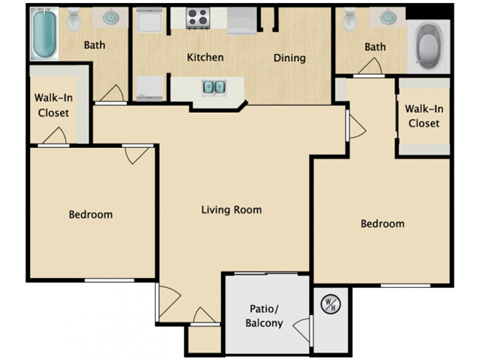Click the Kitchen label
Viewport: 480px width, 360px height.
(206, 57)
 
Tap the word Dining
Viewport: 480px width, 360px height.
(290, 57)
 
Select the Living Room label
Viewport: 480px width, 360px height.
(231, 209)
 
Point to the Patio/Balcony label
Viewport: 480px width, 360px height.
(264, 315)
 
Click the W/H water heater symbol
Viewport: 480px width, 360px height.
(328, 302)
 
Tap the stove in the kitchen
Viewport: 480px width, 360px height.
(196, 17)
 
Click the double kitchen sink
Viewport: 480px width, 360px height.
(215, 87)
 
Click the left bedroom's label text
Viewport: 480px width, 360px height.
(90, 214)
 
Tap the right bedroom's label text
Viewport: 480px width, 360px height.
(382, 223)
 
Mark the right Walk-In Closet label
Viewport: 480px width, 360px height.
(424, 116)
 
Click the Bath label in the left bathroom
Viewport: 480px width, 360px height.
(95, 45)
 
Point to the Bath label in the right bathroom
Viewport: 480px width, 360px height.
(375, 47)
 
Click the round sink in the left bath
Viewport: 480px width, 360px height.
(111, 17)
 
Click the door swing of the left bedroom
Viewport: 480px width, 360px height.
(139, 155)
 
